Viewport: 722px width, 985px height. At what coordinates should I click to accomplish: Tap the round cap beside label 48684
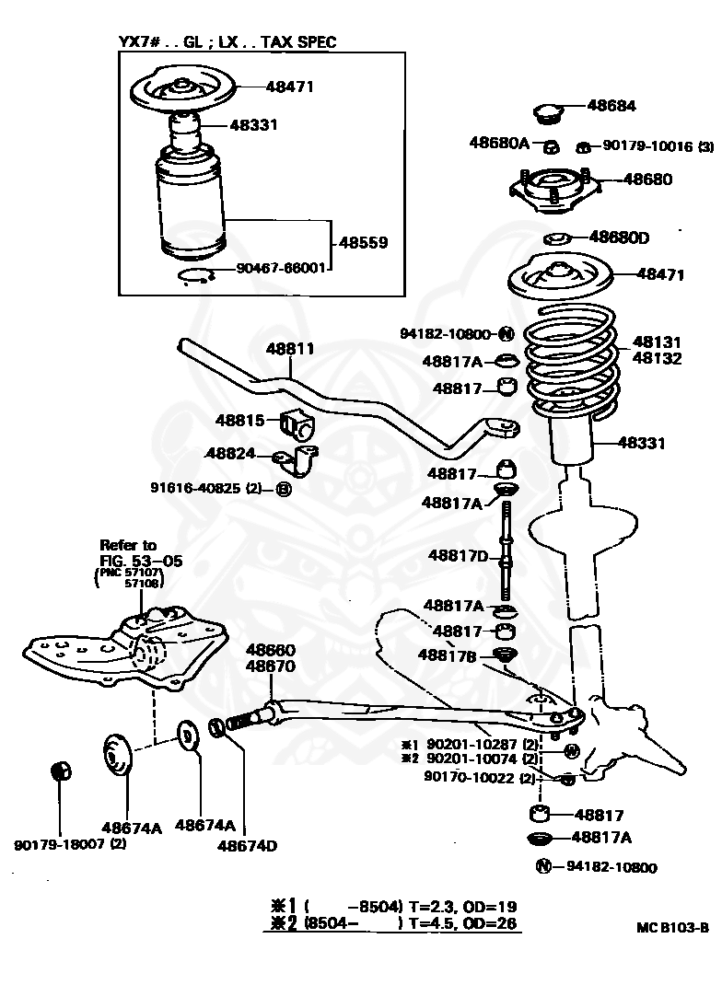click(549, 114)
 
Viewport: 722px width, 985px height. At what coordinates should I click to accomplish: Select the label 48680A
click(499, 143)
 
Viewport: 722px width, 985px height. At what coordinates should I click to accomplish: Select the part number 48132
click(657, 358)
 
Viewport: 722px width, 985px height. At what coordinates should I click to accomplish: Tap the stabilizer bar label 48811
click(290, 349)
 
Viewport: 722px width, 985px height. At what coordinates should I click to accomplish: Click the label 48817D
click(458, 555)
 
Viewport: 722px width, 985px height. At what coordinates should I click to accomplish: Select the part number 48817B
click(447, 655)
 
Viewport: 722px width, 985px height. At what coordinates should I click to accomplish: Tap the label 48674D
click(248, 845)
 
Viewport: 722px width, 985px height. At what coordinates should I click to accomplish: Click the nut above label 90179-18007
click(60, 770)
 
